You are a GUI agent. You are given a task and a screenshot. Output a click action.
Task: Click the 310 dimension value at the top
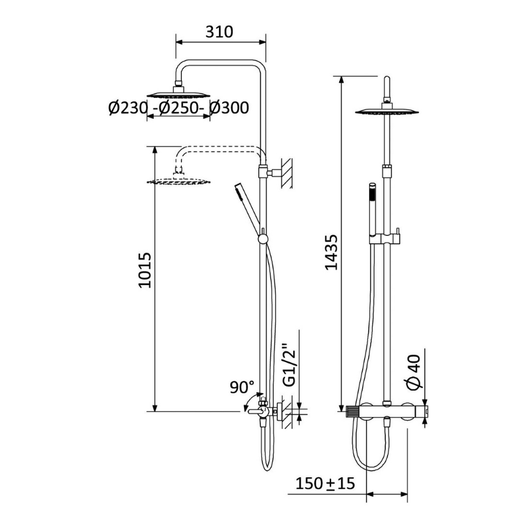point(219,31)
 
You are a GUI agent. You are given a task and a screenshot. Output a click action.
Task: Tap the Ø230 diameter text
point(128,108)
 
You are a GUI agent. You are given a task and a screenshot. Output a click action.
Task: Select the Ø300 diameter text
point(229,108)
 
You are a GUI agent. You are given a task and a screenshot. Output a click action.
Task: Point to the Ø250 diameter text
point(179,108)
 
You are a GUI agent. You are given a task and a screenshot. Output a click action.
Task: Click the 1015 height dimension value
point(144,269)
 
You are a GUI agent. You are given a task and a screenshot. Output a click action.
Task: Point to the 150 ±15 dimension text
point(324,483)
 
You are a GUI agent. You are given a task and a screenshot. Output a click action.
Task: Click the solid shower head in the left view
point(178,95)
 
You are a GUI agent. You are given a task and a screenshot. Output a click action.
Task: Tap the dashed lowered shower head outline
point(179,182)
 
